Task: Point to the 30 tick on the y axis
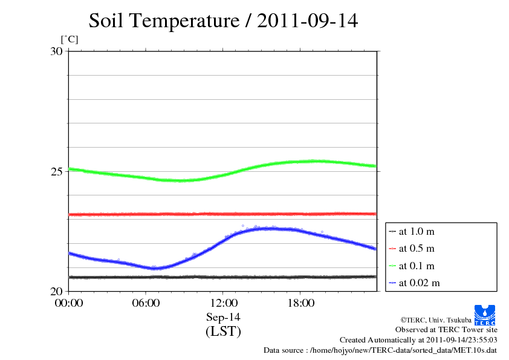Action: [x=56, y=51]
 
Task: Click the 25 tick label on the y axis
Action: [x=56, y=172]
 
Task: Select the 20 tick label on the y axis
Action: [x=56, y=291]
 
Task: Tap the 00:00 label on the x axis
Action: [x=69, y=303]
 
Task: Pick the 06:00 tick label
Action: [x=146, y=303]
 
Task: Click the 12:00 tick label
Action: [x=223, y=303]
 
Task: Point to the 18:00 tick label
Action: [x=300, y=303]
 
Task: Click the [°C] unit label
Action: [x=69, y=40]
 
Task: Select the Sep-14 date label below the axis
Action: [x=223, y=317]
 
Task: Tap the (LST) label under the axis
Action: [x=223, y=332]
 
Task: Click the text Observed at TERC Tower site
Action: [x=446, y=330]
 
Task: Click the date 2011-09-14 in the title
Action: [x=308, y=21]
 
